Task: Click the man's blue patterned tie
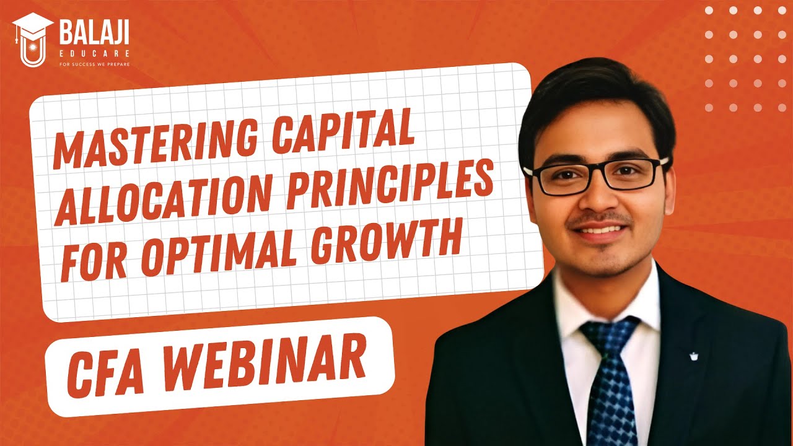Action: coord(610,384)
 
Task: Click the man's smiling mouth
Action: coord(598,230)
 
